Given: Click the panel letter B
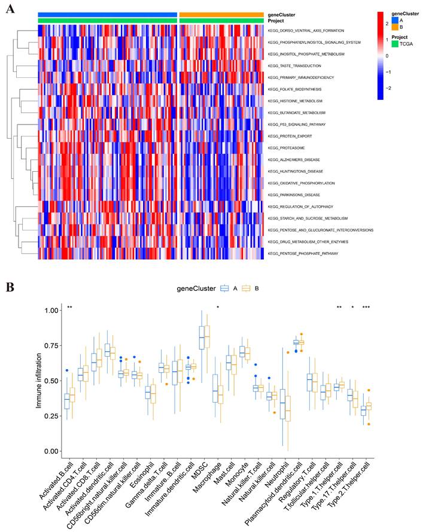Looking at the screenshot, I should point(10,287).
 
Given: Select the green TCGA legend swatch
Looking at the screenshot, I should point(395,44).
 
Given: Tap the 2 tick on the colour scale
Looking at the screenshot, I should point(387,23).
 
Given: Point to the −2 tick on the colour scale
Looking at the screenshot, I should point(388,87).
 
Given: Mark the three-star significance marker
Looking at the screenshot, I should point(366,307).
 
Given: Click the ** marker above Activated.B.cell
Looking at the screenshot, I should point(70,307).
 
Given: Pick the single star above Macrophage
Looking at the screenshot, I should point(218,307).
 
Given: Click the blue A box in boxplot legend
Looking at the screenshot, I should point(225,288).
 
